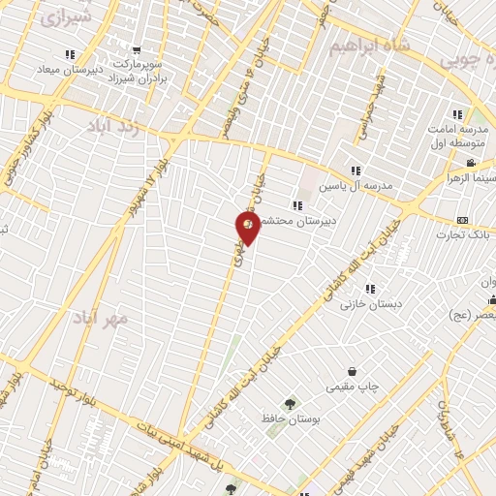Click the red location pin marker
tap(248, 227)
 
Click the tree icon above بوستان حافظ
tap(288, 403)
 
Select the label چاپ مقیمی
tap(350, 387)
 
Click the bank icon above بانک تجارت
tap(461, 220)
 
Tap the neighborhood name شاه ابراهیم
tap(363, 46)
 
